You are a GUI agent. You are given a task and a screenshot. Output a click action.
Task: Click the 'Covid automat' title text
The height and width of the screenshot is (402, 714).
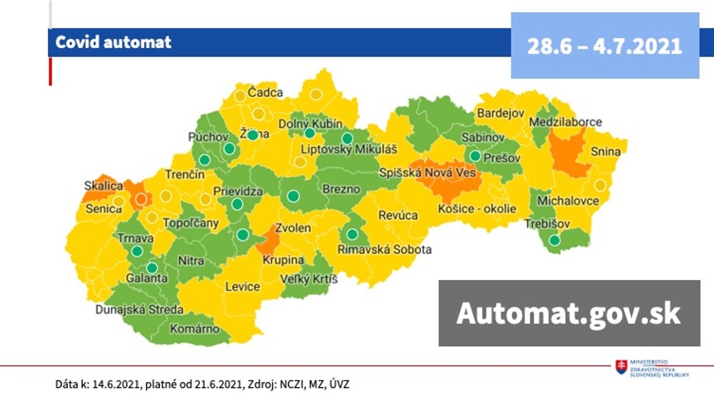(114, 42)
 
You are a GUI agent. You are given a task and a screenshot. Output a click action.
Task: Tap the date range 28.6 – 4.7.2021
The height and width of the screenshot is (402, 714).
(604, 46)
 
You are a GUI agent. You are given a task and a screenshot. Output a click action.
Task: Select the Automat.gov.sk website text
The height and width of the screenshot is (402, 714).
(568, 313)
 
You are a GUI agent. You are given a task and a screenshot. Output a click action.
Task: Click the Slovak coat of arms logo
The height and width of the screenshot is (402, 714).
(620, 366)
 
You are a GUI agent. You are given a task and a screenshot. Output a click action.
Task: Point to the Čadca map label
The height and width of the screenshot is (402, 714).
(265, 92)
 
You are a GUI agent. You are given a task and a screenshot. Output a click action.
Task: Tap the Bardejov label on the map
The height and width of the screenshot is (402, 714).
(501, 114)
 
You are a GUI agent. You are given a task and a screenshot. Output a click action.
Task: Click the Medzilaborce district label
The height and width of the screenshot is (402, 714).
(565, 122)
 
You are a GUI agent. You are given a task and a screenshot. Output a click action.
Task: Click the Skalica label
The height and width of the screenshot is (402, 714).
(103, 186)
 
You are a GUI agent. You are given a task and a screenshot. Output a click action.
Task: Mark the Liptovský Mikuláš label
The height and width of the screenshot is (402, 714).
(348, 149)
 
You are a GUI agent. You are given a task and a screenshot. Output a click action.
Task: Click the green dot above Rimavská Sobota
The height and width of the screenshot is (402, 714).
(351, 233)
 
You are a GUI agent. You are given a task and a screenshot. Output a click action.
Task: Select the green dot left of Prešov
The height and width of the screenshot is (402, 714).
(475, 156)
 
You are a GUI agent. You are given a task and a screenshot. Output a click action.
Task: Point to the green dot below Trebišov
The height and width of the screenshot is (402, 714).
(555, 241)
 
